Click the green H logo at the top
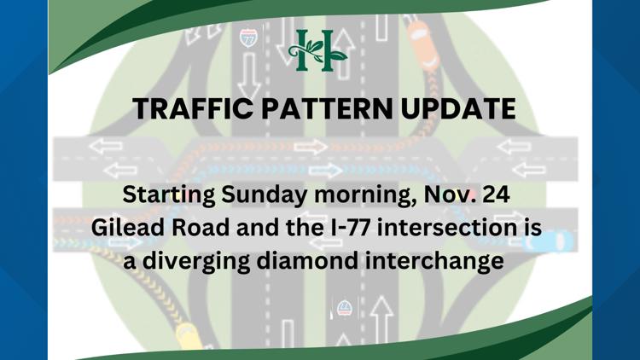click(x=318, y=50)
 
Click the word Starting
click(x=168, y=195)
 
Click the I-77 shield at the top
click(x=248, y=38)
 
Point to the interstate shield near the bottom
click(x=345, y=308)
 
